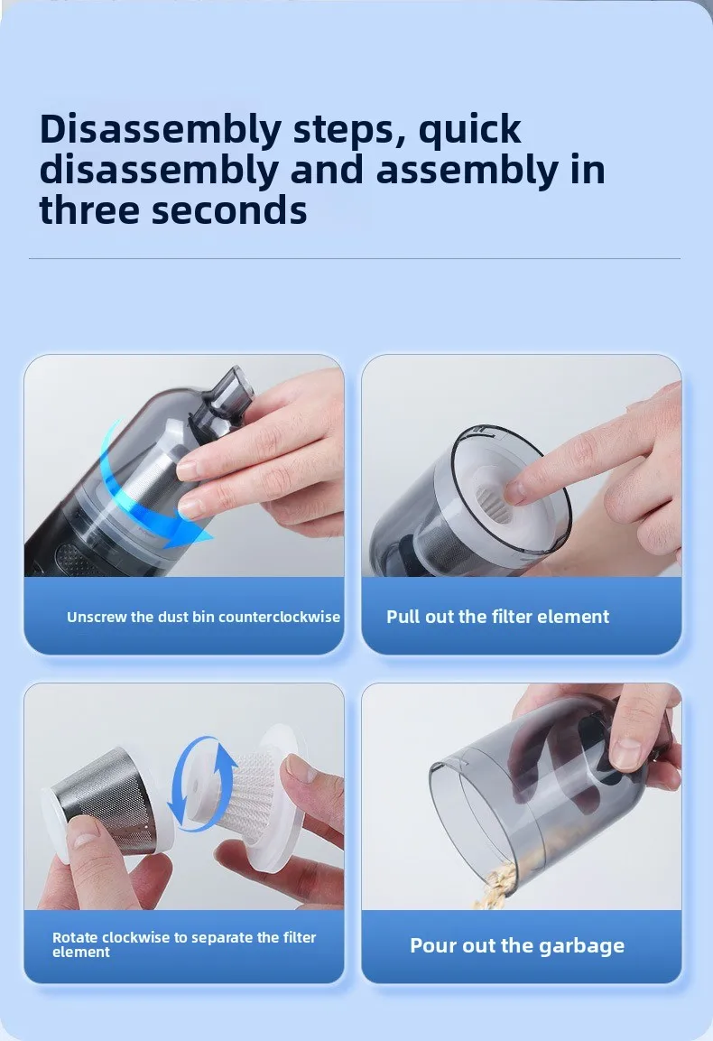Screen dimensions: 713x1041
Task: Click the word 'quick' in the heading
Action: pyautogui.click(x=469, y=129)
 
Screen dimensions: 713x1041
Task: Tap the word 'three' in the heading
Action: pyautogui.click(x=89, y=209)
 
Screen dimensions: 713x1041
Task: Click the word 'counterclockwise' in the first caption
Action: pyautogui.click(x=279, y=617)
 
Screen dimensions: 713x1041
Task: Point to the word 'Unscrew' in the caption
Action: pyautogui.click(x=97, y=617)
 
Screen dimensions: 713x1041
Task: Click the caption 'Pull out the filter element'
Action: pyautogui.click(x=498, y=617)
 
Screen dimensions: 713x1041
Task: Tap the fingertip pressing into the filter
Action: pyautogui.click(x=515, y=492)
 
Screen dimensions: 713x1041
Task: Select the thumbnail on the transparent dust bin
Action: pyautogui.click(x=626, y=754)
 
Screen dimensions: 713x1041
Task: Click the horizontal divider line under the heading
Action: pyautogui.click(x=355, y=258)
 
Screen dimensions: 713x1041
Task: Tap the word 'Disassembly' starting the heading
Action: pyautogui.click(x=160, y=130)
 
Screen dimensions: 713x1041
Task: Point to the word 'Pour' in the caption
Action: pyautogui.click(x=434, y=945)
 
